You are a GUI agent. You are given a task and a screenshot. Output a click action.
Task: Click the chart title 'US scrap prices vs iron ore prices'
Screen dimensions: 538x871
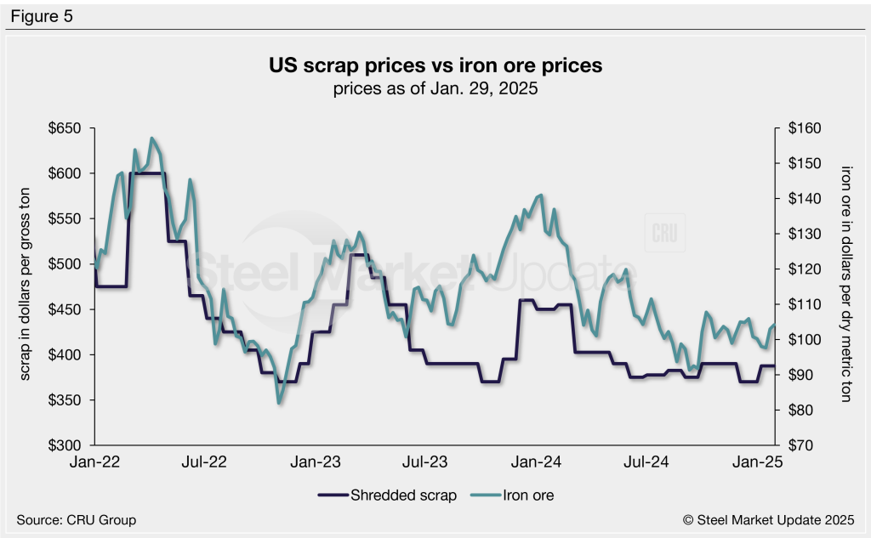pyautogui.click(x=435, y=65)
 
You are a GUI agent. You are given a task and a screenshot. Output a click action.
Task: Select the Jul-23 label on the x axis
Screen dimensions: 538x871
pyautogui.click(x=425, y=463)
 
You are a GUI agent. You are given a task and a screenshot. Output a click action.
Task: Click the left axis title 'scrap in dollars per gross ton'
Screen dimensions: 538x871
pyautogui.click(x=25, y=287)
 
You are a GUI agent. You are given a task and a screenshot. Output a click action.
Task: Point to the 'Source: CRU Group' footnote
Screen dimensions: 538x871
pyautogui.click(x=77, y=519)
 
